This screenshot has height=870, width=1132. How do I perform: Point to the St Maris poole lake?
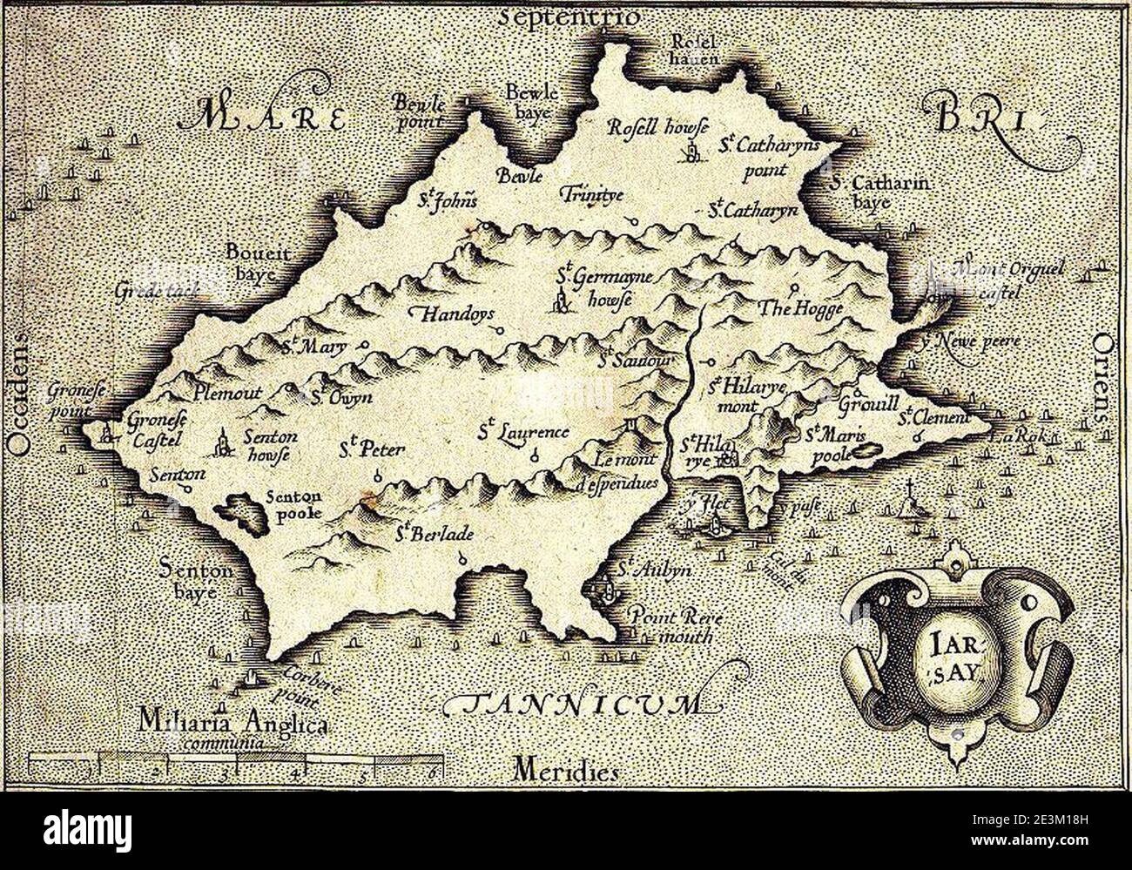point(865,452)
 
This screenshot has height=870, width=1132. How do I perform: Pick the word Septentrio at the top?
point(570,16)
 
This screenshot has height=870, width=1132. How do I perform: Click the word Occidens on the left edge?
point(19,391)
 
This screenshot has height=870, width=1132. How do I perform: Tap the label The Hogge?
point(788,308)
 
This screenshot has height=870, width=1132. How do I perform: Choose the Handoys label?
point(455,314)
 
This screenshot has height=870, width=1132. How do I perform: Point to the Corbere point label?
point(298,687)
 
